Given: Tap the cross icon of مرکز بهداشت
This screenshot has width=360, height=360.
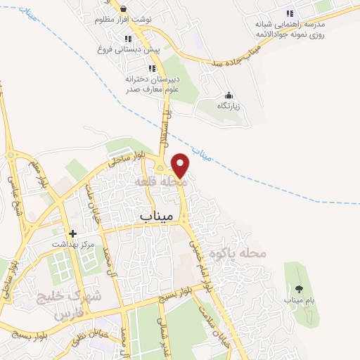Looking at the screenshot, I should (72, 233).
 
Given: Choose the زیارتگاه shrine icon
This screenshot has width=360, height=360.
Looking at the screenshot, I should (228, 96).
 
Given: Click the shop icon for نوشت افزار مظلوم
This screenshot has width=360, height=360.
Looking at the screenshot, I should (123, 9).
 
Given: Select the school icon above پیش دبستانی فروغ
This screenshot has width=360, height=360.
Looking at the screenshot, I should (127, 39).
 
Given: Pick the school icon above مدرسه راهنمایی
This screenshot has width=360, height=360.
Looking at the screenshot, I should (289, 13).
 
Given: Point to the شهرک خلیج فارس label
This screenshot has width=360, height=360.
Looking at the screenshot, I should (70, 303).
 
